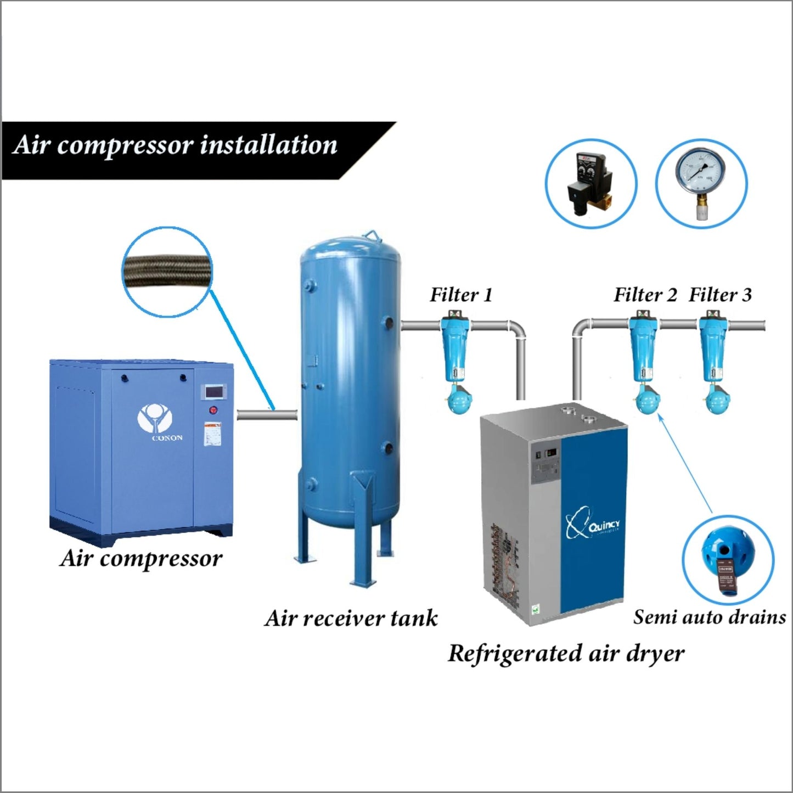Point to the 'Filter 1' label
coord(461,295)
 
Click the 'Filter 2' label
coord(645,295)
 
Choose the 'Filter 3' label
coord(720,295)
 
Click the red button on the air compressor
coord(213,410)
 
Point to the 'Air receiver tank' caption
coord(351,618)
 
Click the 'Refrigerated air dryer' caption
coord(566,653)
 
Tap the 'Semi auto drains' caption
coord(709,617)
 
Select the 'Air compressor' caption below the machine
coord(141,558)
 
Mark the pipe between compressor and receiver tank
coord(267,415)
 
